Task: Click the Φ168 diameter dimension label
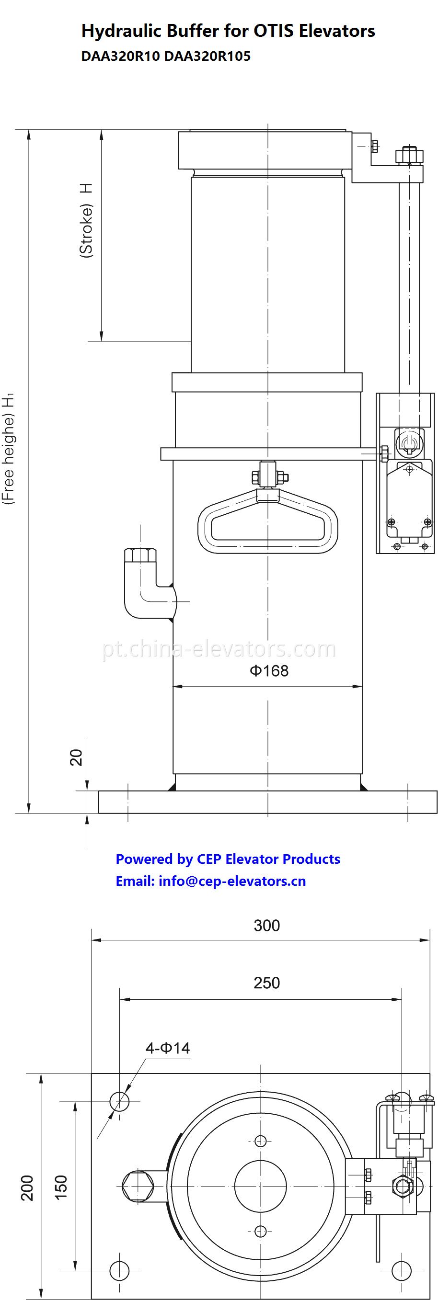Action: click(x=269, y=671)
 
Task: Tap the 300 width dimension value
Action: click(x=266, y=925)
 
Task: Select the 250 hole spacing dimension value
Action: click(x=266, y=983)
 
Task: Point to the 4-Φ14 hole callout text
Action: click(x=168, y=1048)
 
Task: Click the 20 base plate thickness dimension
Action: click(x=76, y=757)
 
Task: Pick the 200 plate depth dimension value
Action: click(x=27, y=1188)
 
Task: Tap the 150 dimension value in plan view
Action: click(x=61, y=1188)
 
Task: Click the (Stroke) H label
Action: click(x=86, y=221)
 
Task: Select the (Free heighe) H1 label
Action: click(x=9, y=448)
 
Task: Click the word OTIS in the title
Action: click(x=273, y=31)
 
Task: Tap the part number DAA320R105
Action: click(x=207, y=56)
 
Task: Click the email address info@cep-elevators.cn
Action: click(x=232, y=881)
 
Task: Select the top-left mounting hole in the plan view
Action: click(x=119, y=1101)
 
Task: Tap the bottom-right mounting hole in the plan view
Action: click(x=402, y=1270)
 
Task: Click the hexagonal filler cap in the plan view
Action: click(x=138, y=1186)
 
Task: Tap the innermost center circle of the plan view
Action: click(x=260, y=1186)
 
